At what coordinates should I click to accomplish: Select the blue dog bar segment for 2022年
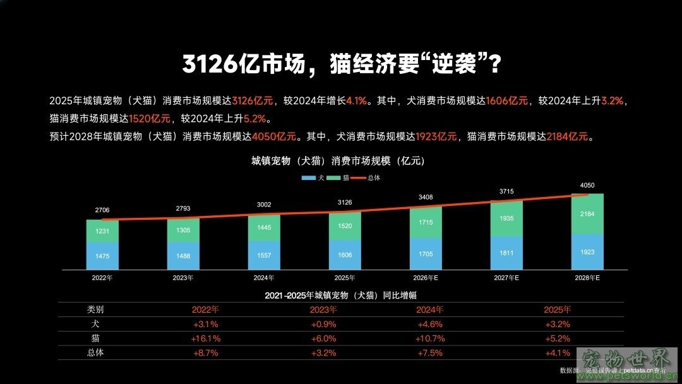pyautogui.click(x=102, y=256)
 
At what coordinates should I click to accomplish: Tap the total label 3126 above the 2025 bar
pyautogui.click(x=345, y=202)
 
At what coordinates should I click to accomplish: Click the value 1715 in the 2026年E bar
pyautogui.click(x=426, y=223)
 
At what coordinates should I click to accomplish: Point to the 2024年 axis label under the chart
pyautogui.click(x=264, y=277)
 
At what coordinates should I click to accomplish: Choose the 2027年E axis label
pyautogui.click(x=506, y=277)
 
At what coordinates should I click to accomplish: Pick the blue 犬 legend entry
pyautogui.click(x=314, y=178)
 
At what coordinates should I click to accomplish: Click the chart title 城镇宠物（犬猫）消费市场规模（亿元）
pyautogui.click(x=338, y=161)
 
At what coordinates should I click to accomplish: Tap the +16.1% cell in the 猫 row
pyautogui.click(x=206, y=339)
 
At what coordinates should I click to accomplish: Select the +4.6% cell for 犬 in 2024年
pyautogui.click(x=431, y=324)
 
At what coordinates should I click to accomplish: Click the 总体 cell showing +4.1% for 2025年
pyautogui.click(x=558, y=353)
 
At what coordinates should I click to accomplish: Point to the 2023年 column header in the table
pyautogui.click(x=323, y=309)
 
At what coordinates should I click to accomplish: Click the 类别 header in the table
pyautogui.click(x=95, y=309)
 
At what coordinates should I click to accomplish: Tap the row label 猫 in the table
pyautogui.click(x=95, y=339)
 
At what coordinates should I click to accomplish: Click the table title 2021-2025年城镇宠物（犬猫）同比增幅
pyautogui.click(x=340, y=295)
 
